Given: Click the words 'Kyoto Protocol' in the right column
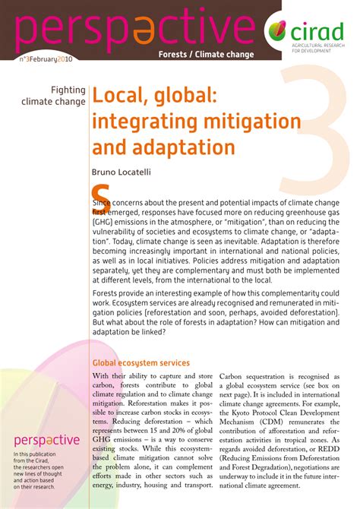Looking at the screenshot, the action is (x=271, y=405).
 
